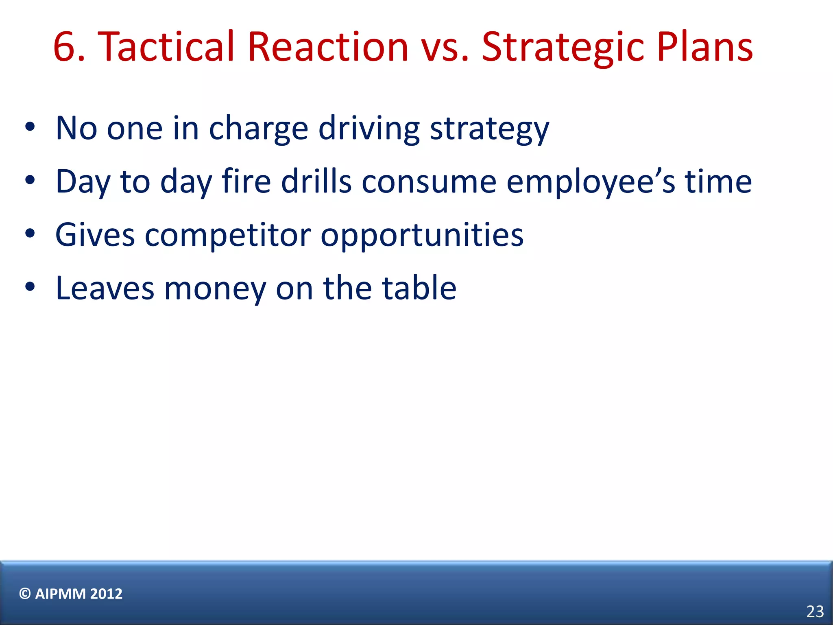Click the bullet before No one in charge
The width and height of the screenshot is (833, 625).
click(x=30, y=127)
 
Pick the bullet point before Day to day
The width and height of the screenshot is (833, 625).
click(x=30, y=180)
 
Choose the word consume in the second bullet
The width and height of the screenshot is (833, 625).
click(x=429, y=182)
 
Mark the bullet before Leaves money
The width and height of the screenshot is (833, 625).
click(x=30, y=287)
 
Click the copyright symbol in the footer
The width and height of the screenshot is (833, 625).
click(x=25, y=594)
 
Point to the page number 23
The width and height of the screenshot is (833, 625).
click(x=815, y=612)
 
